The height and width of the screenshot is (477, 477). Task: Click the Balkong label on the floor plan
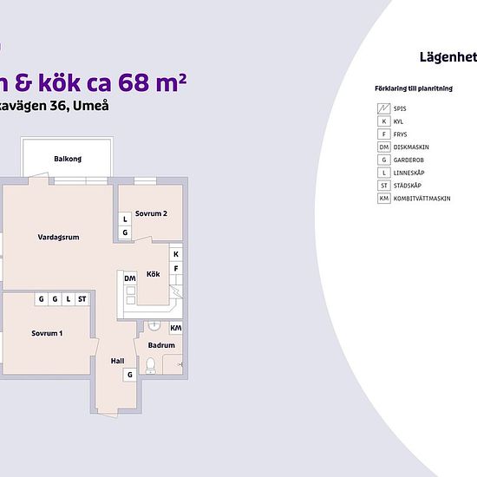pyautogui.click(x=68, y=159)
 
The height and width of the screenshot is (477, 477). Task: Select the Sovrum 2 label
pyautogui.click(x=151, y=213)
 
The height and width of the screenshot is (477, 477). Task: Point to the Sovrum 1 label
pyautogui.click(x=47, y=333)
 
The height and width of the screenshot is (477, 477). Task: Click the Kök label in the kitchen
pyautogui.click(x=154, y=274)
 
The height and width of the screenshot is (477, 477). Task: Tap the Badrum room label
pyautogui.click(x=162, y=345)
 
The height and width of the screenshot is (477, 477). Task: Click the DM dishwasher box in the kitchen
pyautogui.click(x=129, y=278)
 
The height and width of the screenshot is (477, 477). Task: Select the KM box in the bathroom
pyautogui.click(x=176, y=328)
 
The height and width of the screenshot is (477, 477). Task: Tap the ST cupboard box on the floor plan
pyautogui.click(x=82, y=299)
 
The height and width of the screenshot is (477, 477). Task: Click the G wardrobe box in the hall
pyautogui.click(x=129, y=374)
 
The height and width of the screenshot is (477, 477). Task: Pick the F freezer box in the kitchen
pyautogui.click(x=176, y=268)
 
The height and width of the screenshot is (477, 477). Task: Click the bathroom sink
pyautogui.click(x=154, y=326)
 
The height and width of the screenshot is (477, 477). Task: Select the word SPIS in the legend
pyautogui.click(x=400, y=108)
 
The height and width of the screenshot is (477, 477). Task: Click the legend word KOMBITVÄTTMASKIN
pyautogui.click(x=421, y=199)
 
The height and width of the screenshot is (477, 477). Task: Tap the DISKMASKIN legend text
pyautogui.click(x=410, y=147)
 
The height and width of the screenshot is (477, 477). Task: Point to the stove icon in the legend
pyautogui.click(x=383, y=108)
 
